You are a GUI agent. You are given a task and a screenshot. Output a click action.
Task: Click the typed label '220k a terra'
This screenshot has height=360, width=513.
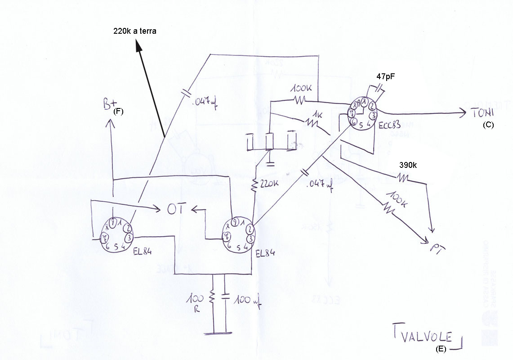tap(134, 31)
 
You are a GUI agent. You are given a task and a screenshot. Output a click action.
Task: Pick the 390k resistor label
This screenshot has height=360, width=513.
tap(408, 165)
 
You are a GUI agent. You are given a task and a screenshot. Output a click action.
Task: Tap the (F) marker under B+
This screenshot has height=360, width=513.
tap(119, 111)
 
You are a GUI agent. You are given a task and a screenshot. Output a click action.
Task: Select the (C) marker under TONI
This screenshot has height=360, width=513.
tap(488, 126)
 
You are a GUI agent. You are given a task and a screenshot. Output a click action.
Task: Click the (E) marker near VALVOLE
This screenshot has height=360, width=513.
tap(442, 348)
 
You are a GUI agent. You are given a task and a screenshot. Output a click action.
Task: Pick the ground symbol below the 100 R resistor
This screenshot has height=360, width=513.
tap(217, 333)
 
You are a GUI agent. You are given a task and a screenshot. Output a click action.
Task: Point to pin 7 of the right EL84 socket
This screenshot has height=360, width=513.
tap(228, 236)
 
